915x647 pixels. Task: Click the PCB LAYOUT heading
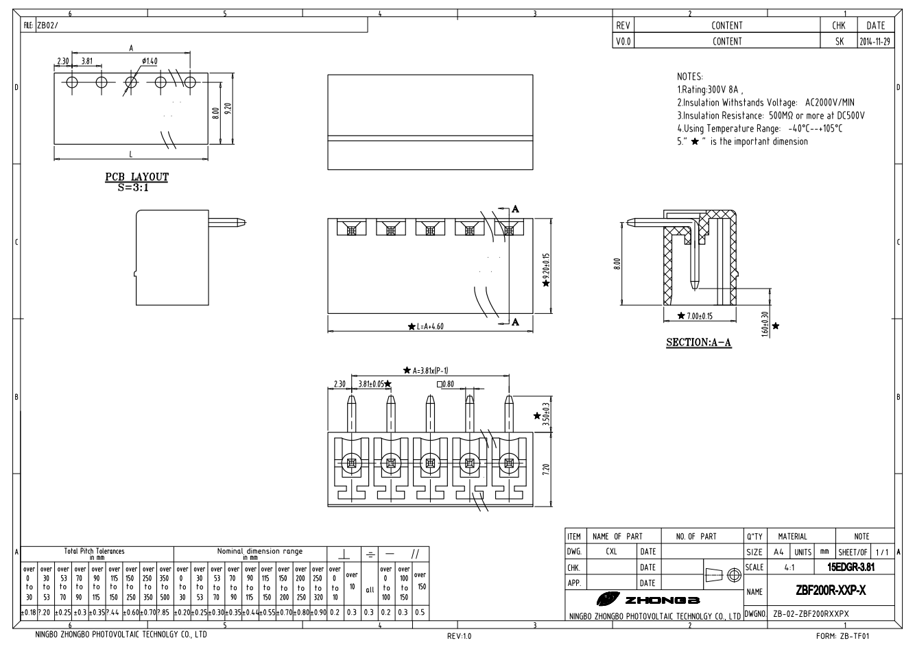click(136, 177)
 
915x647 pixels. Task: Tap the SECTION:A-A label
click(698, 342)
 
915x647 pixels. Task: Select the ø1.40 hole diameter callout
click(150, 61)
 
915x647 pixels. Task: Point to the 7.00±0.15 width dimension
click(699, 316)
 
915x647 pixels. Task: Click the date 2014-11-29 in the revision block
click(875, 41)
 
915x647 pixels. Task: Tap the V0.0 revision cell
click(623, 41)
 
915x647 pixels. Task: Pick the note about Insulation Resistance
click(770, 115)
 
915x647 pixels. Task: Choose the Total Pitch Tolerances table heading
click(95, 551)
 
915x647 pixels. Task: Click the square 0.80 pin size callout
click(445, 384)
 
